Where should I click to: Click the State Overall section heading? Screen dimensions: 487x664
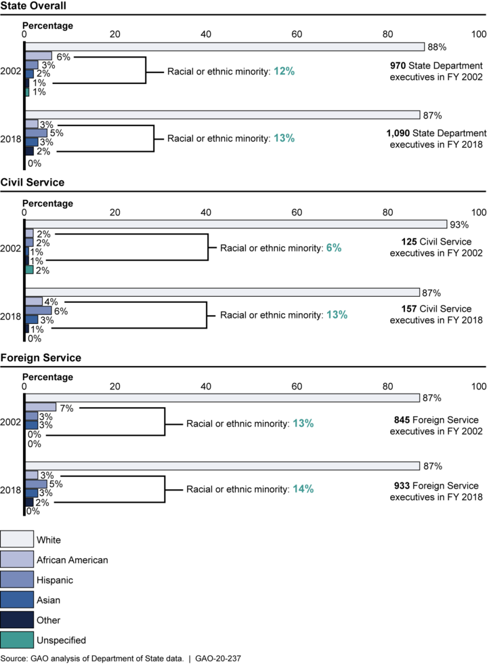coord(33,6)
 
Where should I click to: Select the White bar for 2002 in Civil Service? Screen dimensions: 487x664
coord(236,224)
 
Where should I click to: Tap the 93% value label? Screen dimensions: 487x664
coord(459,225)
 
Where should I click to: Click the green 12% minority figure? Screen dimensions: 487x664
coord(284,71)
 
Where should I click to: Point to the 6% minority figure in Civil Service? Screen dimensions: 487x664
coord(334,248)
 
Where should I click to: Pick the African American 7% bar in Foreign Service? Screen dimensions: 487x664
coord(40,407)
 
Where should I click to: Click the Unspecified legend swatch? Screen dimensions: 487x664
coord(17,640)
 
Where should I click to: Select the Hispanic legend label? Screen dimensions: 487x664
coord(55,580)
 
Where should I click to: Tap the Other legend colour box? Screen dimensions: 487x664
coord(17,619)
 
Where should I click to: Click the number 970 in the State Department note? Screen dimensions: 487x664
coord(398,66)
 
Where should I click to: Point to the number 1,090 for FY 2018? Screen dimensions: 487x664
coord(398,133)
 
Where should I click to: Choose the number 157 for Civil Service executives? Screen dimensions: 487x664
coord(409,309)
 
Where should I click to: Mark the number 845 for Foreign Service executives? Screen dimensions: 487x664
coord(402,419)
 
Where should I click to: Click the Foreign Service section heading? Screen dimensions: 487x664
coord(41,358)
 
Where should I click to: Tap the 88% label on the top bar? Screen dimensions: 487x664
coord(437,47)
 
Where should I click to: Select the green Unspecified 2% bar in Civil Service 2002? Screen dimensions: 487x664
coord(29,270)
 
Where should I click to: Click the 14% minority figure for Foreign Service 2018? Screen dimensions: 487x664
coord(303,489)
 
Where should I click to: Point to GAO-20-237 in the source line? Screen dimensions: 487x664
coord(217,659)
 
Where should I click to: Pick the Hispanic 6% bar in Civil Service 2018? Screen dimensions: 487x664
coord(38,310)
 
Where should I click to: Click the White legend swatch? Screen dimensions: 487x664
coord(17,539)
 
